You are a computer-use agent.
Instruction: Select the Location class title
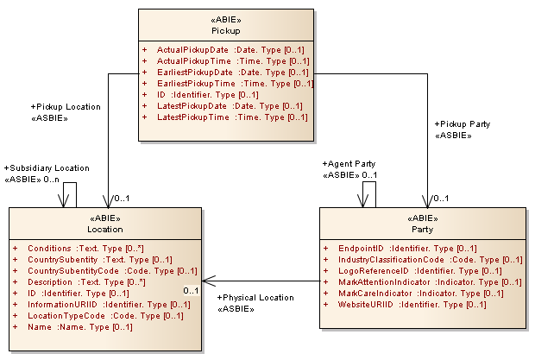(104, 229)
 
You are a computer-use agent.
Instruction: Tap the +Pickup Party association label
(463, 124)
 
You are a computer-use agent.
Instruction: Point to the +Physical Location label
(251, 298)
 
